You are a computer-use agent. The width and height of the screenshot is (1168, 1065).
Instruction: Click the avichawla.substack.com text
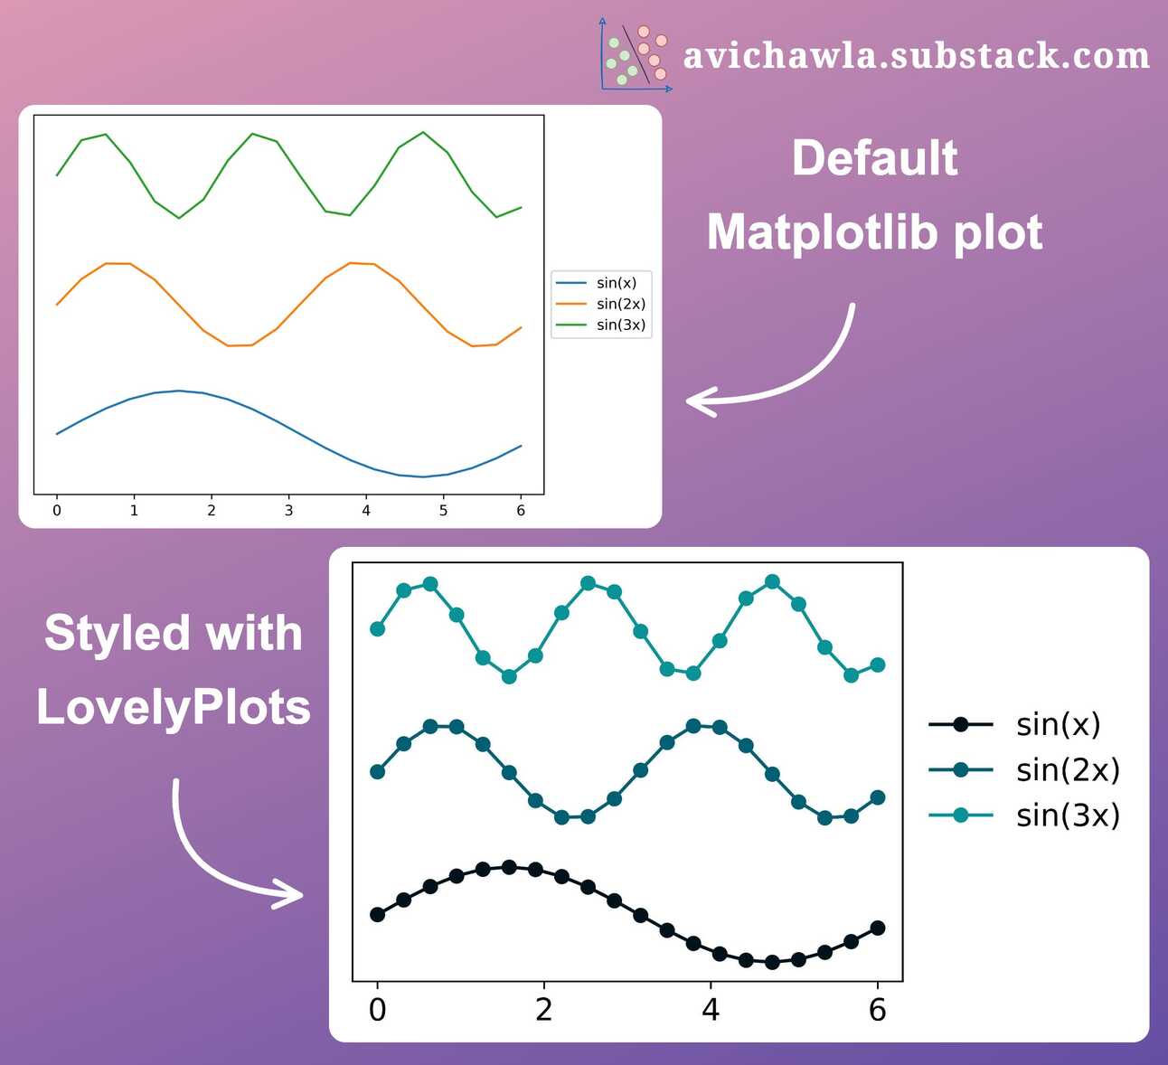(916, 56)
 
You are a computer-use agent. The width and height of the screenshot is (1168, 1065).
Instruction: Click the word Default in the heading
(874, 158)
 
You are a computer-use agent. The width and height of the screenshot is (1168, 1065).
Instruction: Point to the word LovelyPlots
(174, 706)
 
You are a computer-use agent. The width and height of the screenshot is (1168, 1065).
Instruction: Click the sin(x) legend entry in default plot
(600, 283)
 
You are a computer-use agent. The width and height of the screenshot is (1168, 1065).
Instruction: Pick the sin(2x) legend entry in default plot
(600, 304)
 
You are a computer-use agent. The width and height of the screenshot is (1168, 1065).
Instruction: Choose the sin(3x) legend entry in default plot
(600, 325)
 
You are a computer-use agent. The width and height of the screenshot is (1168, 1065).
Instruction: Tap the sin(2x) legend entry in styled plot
(1024, 769)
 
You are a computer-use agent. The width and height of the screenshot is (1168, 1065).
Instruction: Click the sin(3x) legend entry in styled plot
(1024, 815)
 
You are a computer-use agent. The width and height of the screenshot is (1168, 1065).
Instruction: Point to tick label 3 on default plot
(288, 511)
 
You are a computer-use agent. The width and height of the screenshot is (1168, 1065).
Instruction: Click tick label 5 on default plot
(443, 511)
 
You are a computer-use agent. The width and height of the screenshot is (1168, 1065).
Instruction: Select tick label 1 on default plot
(134, 511)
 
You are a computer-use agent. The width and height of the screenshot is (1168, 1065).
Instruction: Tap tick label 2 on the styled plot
(543, 1010)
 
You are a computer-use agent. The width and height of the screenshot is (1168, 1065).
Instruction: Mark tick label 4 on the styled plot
(711, 1010)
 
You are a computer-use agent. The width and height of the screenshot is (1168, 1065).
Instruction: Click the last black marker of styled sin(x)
(877, 928)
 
